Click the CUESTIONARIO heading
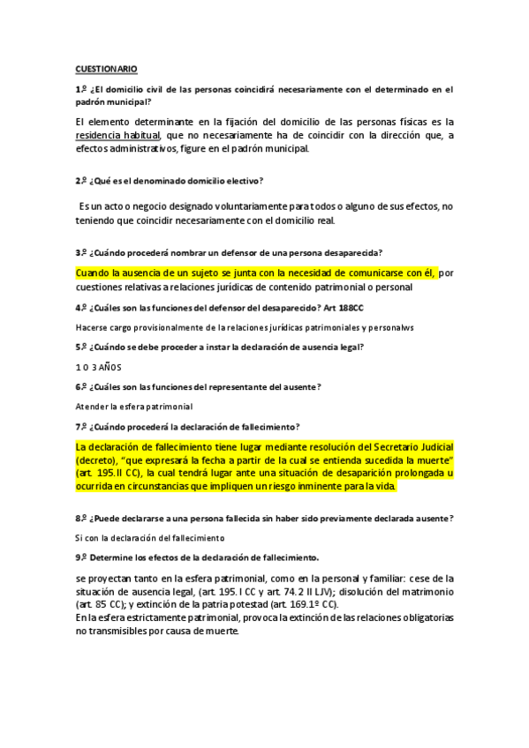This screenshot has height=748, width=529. [106, 69]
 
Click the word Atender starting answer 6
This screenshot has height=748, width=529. [91, 406]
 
